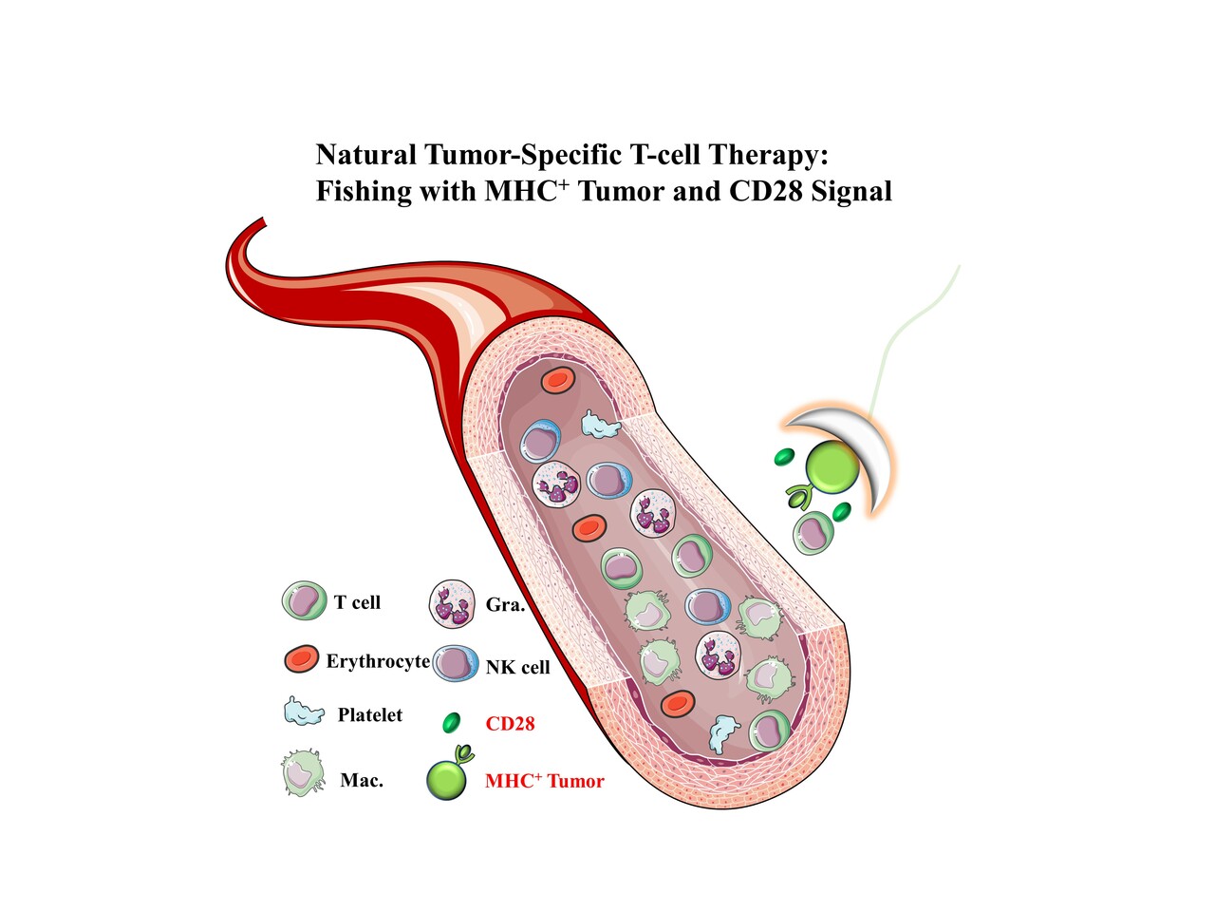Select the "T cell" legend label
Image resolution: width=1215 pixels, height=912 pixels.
coord(357,602)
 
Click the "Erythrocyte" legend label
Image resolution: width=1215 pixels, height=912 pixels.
coord(378,661)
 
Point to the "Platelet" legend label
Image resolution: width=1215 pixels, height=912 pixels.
coord(369,715)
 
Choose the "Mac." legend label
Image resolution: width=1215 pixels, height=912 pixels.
coord(362,781)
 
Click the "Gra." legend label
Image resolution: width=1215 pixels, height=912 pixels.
coord(505,605)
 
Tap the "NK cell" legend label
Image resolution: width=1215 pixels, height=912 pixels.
coord(517,668)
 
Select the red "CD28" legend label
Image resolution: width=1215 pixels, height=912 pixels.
coord(510,724)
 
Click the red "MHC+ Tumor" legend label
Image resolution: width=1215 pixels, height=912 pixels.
coord(544,781)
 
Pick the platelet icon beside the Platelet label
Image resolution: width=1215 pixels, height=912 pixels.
coord(304,712)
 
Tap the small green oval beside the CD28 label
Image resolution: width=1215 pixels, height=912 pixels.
coord(452,723)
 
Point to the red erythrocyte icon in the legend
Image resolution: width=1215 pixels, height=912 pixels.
coord(302,659)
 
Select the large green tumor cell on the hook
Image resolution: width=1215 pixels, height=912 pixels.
coord(832,466)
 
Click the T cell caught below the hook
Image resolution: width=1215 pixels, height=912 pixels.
coord(813,533)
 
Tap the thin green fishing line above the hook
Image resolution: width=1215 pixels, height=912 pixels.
coord(911,332)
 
